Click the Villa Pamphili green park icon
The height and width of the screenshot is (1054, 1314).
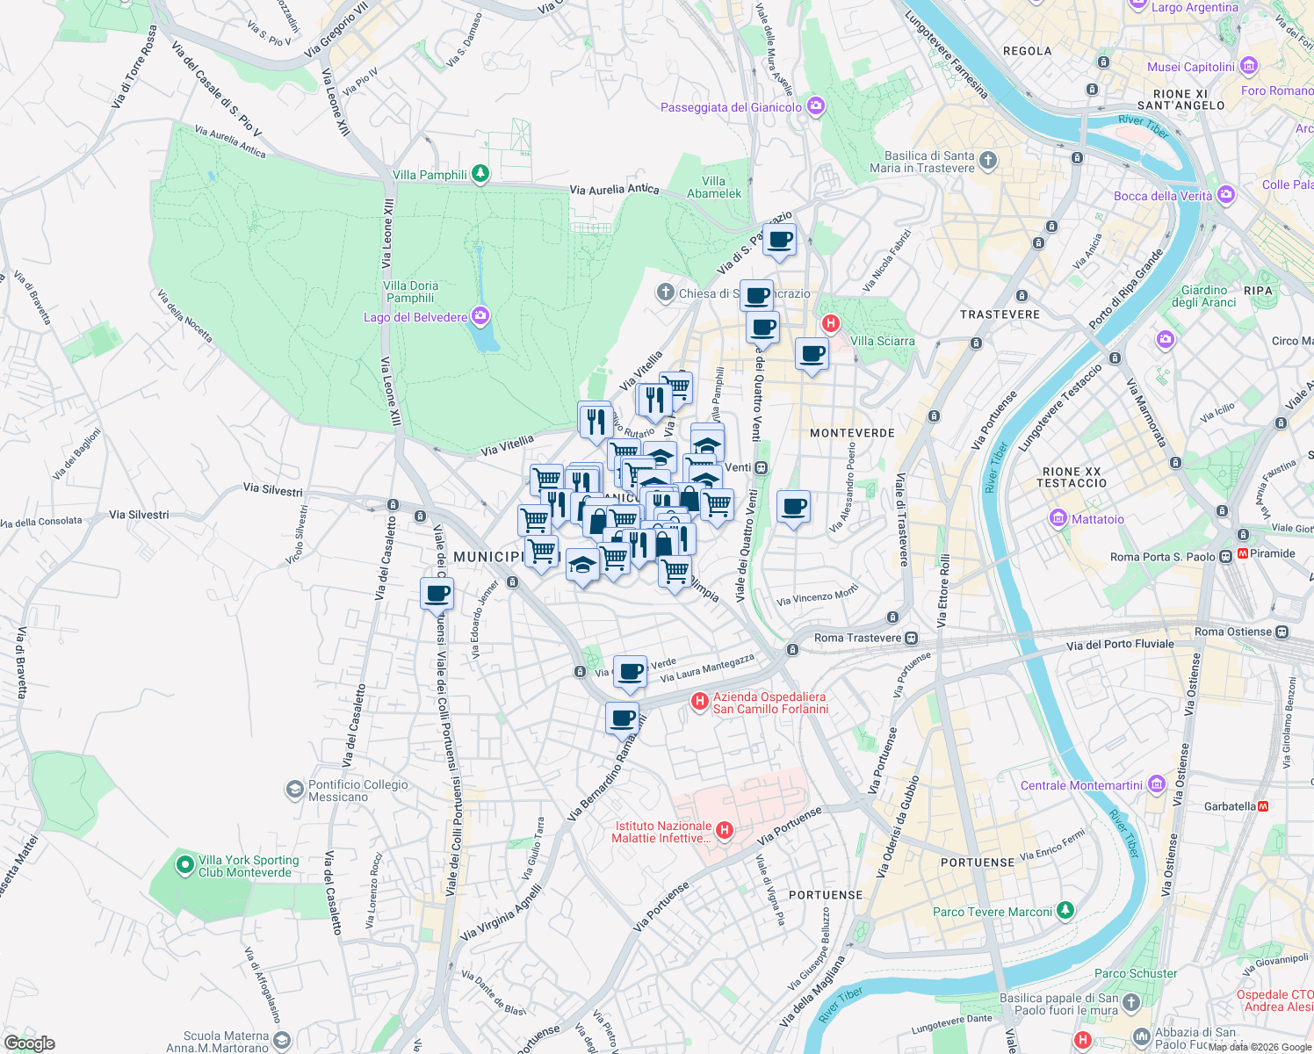(x=480, y=174)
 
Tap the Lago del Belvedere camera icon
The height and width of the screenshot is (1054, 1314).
(x=480, y=316)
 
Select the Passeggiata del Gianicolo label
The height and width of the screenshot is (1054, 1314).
(x=731, y=107)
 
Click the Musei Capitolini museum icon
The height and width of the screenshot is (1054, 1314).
(x=1249, y=67)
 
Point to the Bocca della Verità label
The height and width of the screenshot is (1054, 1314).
(x=1163, y=196)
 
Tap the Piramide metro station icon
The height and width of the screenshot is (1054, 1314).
(x=1243, y=553)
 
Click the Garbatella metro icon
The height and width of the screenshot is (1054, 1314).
(x=1263, y=805)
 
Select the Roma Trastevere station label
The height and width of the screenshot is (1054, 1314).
(x=857, y=638)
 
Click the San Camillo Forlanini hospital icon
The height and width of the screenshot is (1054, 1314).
(x=700, y=701)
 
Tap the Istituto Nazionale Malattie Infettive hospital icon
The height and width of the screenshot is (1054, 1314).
(x=725, y=830)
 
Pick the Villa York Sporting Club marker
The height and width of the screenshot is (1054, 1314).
(x=184, y=865)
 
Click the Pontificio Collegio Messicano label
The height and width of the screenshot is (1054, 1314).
(x=357, y=790)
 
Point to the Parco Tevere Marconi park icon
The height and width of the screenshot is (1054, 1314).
(x=1065, y=911)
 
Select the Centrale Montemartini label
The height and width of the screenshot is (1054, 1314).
(x=1081, y=785)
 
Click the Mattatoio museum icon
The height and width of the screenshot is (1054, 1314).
(x=1058, y=518)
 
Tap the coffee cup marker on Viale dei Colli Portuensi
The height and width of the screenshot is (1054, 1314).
(x=437, y=594)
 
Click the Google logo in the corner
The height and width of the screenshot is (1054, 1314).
(x=29, y=1043)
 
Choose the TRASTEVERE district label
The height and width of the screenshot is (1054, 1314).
(x=1000, y=314)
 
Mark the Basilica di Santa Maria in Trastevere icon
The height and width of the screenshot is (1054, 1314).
(x=988, y=160)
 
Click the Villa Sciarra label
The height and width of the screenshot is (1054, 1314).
(x=882, y=341)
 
